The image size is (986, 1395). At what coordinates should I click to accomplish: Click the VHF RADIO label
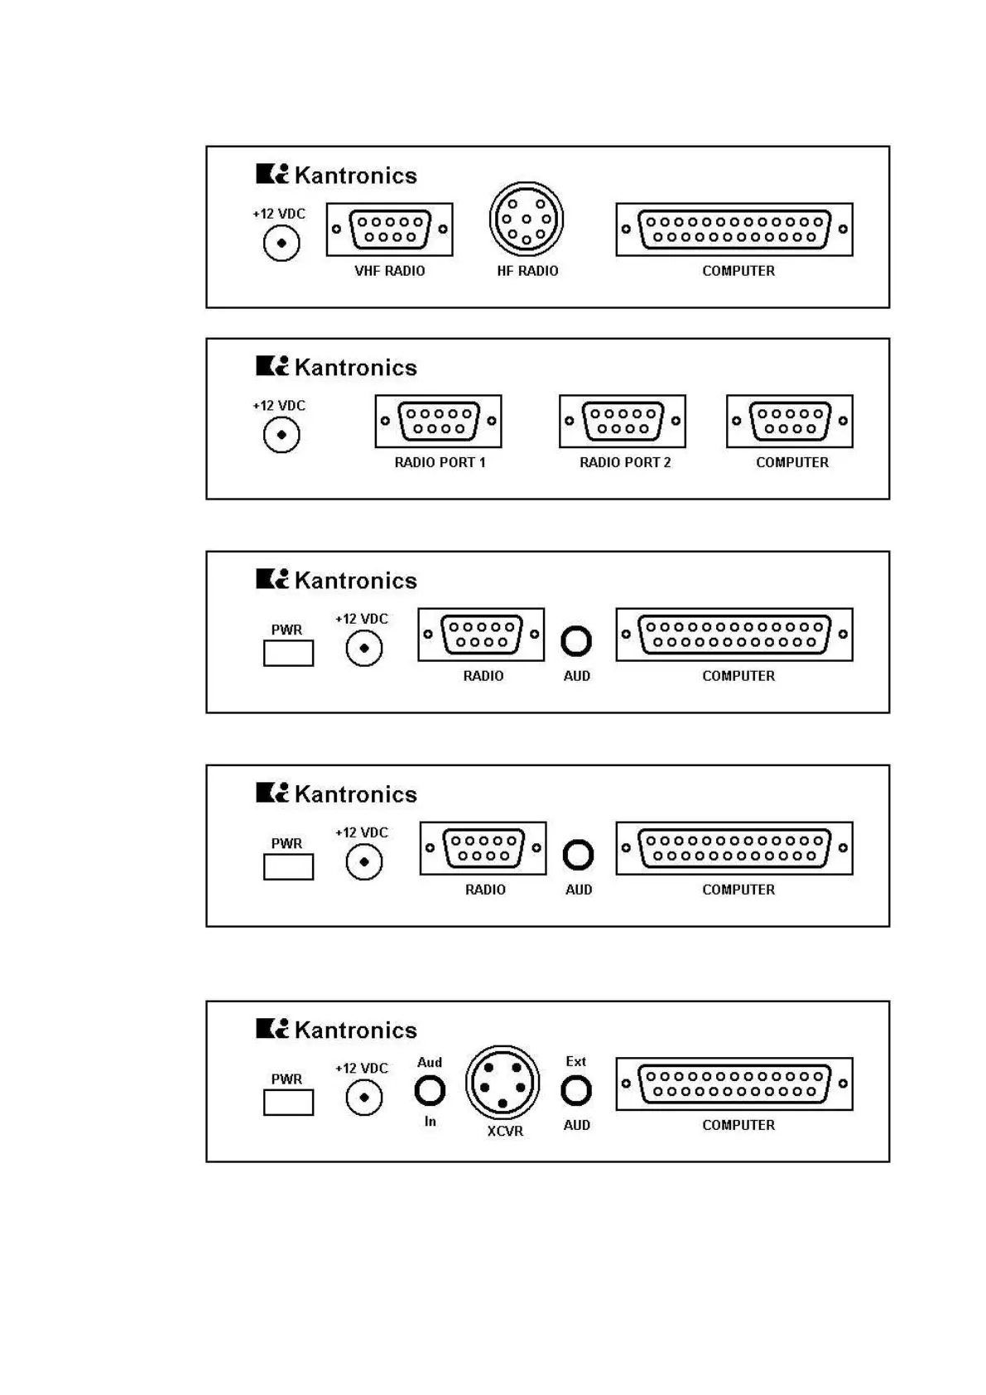(x=389, y=271)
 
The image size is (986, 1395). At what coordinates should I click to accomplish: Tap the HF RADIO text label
(x=527, y=271)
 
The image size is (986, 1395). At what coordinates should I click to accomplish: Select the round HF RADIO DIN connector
(x=527, y=220)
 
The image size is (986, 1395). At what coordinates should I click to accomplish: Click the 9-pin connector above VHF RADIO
(x=390, y=229)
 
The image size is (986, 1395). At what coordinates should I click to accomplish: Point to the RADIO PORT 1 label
(x=440, y=462)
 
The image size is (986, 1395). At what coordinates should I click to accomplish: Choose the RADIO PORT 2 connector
(x=623, y=421)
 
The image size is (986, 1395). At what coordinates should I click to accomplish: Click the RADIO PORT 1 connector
(x=439, y=421)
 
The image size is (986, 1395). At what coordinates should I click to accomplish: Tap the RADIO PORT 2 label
(x=625, y=462)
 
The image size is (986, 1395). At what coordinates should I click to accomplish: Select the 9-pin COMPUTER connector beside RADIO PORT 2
(x=790, y=421)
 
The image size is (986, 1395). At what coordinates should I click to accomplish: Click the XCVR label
(x=505, y=1131)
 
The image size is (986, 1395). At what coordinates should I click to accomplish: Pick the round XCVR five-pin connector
(x=503, y=1083)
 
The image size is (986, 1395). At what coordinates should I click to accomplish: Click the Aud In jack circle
(x=430, y=1091)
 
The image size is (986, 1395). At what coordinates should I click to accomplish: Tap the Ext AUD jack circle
(x=576, y=1090)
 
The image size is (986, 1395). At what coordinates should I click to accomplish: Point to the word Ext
(x=575, y=1061)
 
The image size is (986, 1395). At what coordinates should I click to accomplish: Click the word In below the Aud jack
(x=430, y=1121)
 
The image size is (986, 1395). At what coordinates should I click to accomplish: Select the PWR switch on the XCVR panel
(x=288, y=1103)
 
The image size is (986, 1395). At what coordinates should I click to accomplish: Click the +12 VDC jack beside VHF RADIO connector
(x=281, y=244)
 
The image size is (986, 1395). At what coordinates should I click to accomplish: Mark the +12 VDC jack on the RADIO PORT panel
(x=281, y=435)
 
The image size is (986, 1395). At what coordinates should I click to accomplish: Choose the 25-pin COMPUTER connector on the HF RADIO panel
(x=734, y=229)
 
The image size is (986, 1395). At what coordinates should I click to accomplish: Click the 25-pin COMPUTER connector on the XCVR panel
(x=734, y=1084)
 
